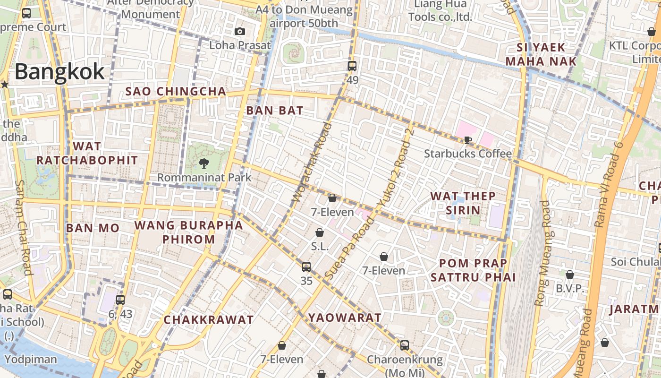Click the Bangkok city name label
(59, 72)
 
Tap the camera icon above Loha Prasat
(240, 32)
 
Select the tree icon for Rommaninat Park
(204, 163)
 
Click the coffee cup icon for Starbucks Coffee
(467, 140)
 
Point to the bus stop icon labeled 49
(352, 66)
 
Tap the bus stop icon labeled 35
(306, 267)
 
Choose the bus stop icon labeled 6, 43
(120, 300)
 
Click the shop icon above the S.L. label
(320, 232)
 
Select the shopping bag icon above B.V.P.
(570, 275)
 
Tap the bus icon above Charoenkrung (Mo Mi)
(405, 345)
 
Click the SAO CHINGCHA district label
(176, 91)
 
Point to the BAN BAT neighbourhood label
(275, 111)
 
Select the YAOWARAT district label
(345, 318)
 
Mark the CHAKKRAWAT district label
(209, 320)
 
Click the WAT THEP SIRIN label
(463, 203)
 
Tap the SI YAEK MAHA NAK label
(541, 54)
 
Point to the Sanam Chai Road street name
(23, 227)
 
